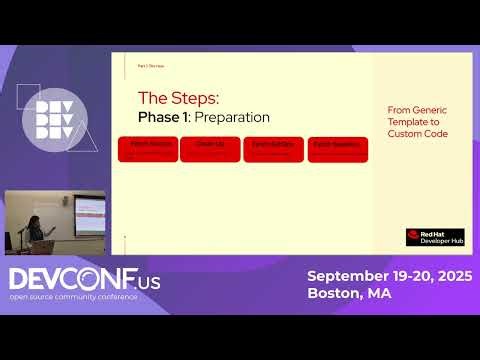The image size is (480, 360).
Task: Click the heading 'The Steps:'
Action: coord(177,98)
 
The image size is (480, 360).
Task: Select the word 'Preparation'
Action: coord(232,117)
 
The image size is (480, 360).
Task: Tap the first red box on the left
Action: coord(148,150)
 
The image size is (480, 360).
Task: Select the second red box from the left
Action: coord(209,150)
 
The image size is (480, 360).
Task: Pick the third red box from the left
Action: coord(272,150)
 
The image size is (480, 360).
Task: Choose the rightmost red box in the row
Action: coord(337,150)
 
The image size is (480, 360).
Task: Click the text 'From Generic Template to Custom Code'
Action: coord(417,121)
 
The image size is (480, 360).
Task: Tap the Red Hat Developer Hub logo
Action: coord(434,237)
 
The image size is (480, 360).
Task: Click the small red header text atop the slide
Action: coord(150,65)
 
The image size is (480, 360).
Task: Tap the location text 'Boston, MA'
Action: coord(349,294)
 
